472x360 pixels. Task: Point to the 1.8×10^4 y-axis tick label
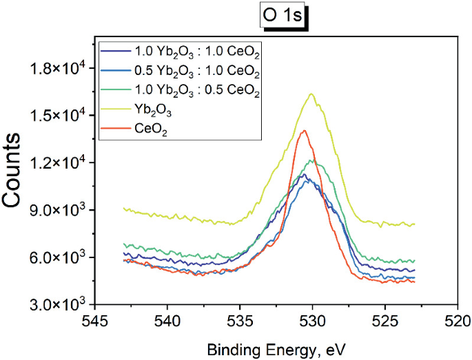point(61,67)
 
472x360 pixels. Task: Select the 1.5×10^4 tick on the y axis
point(61,115)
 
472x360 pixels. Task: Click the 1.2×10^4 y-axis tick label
point(61,162)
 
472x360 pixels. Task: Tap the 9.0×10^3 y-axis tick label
point(61,210)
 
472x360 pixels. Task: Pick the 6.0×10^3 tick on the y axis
point(61,257)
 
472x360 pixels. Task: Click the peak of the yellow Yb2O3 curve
point(311,94)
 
